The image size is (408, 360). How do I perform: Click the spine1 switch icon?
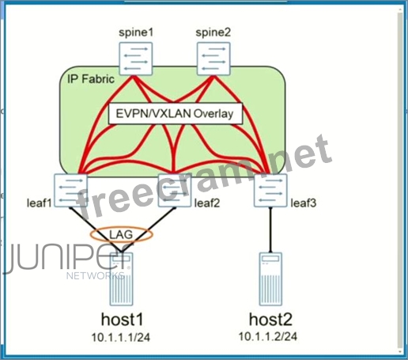pos(136,59)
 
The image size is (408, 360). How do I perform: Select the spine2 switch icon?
pos(213,59)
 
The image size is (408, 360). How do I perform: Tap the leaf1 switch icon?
pos(70,191)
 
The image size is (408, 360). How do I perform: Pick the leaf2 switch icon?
pos(175,191)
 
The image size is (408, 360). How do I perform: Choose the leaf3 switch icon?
pos(270,191)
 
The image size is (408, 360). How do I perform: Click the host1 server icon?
pos(121,279)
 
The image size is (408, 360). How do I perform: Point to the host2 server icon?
pos(270,279)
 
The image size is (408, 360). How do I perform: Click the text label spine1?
pos(136,32)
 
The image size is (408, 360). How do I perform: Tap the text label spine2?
pos(213,32)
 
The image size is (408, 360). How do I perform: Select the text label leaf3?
pos(304,203)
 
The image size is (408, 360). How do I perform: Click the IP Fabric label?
pos(91,79)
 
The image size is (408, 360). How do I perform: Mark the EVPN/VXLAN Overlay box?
pos(176,114)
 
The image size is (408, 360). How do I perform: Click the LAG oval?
pos(122,227)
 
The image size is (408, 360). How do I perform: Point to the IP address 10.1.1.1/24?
pos(121,337)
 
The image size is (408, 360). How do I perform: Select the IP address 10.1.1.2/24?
pos(268,336)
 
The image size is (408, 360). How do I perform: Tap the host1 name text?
pos(123,319)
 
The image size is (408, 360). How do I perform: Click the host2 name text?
pos(270,319)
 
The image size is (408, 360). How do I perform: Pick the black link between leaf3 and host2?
pos(270,230)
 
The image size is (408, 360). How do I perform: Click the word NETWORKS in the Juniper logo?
pos(96,276)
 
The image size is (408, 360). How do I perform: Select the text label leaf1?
pos(40,203)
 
